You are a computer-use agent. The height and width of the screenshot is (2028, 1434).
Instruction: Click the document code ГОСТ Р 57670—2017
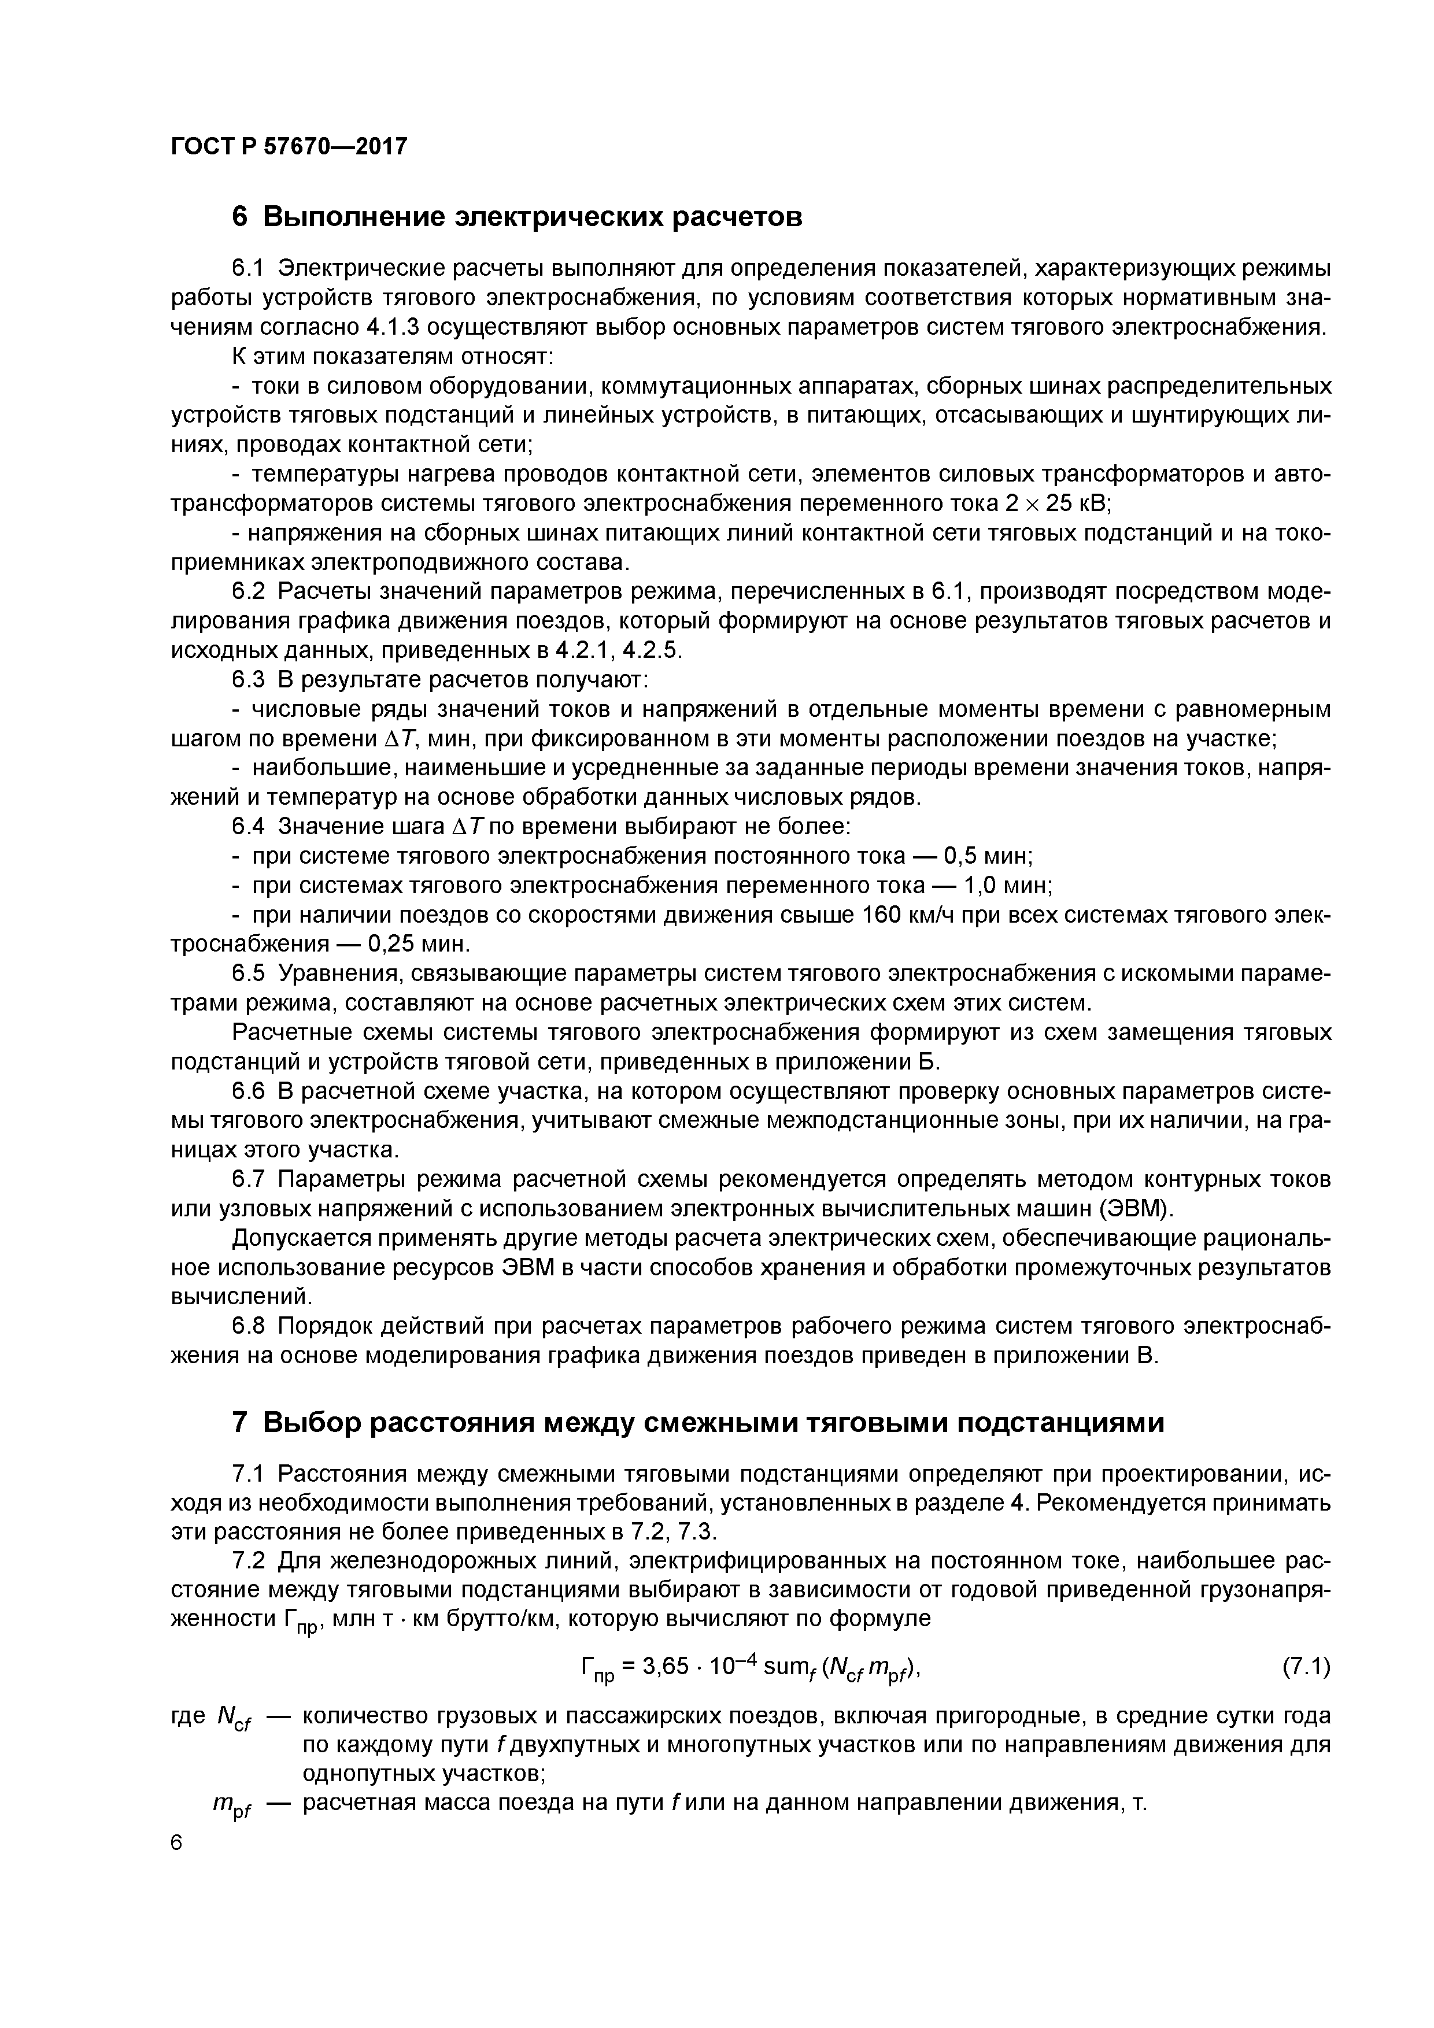click(289, 146)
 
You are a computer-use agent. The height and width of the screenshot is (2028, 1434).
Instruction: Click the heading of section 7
click(698, 1423)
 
